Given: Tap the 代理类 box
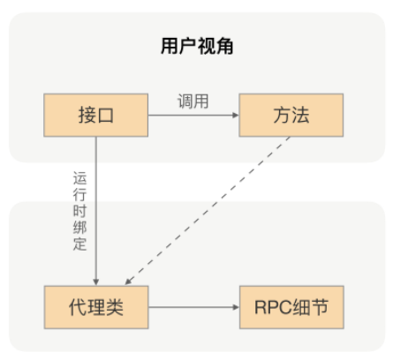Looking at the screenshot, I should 94,308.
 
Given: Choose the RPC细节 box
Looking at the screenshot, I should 289,308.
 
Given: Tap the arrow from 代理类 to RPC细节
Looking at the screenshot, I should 192,308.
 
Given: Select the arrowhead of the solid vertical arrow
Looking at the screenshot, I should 95,281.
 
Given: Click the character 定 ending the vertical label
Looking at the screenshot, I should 79,244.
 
